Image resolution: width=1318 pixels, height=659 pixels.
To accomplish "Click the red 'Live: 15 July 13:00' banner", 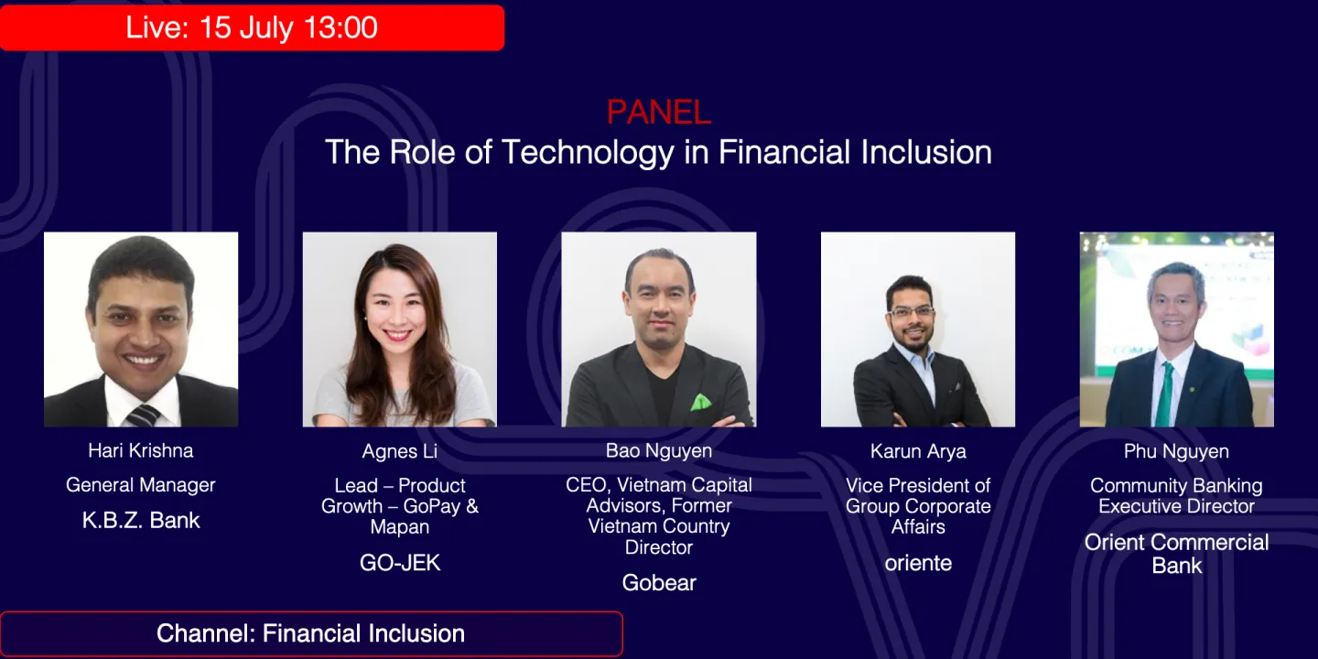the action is coord(252,27).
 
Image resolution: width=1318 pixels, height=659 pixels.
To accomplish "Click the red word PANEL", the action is coord(658,112).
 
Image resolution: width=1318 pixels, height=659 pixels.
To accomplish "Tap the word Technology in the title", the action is coord(588,152).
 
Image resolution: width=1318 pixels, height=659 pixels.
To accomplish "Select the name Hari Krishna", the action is coord(141,450).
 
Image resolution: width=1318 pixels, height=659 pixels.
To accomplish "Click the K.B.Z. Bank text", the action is coord(141,520).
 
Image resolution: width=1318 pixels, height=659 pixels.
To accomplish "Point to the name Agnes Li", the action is coord(399,451).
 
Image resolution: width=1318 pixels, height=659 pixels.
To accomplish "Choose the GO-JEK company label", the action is coord(399,563).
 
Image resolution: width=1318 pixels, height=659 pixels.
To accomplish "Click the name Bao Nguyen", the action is coord(658,450).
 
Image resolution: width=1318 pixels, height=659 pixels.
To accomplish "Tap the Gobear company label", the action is coord(659,582).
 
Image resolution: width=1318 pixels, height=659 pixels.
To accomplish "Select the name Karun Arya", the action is coord(918,451).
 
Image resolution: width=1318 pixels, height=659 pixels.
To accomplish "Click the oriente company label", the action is coord(918,563).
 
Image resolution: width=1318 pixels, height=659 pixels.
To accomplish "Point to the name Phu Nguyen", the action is coord(1176,451).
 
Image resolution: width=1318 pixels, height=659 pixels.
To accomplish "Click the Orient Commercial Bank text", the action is coord(1176,554).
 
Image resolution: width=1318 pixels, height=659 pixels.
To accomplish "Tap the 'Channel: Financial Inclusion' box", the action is coord(311,633).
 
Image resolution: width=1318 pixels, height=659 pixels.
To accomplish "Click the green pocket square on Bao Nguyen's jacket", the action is coord(700,403).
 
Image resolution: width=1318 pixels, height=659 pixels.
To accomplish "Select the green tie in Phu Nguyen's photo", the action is coord(1165,394).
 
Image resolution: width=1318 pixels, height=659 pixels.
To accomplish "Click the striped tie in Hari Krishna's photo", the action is coord(143,416).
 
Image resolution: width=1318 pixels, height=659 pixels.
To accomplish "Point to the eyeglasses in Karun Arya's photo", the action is coord(912,311).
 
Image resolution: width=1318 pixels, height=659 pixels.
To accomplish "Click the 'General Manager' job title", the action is coord(141,485).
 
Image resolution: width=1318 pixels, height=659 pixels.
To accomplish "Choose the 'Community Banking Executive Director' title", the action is coord(1176,496).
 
